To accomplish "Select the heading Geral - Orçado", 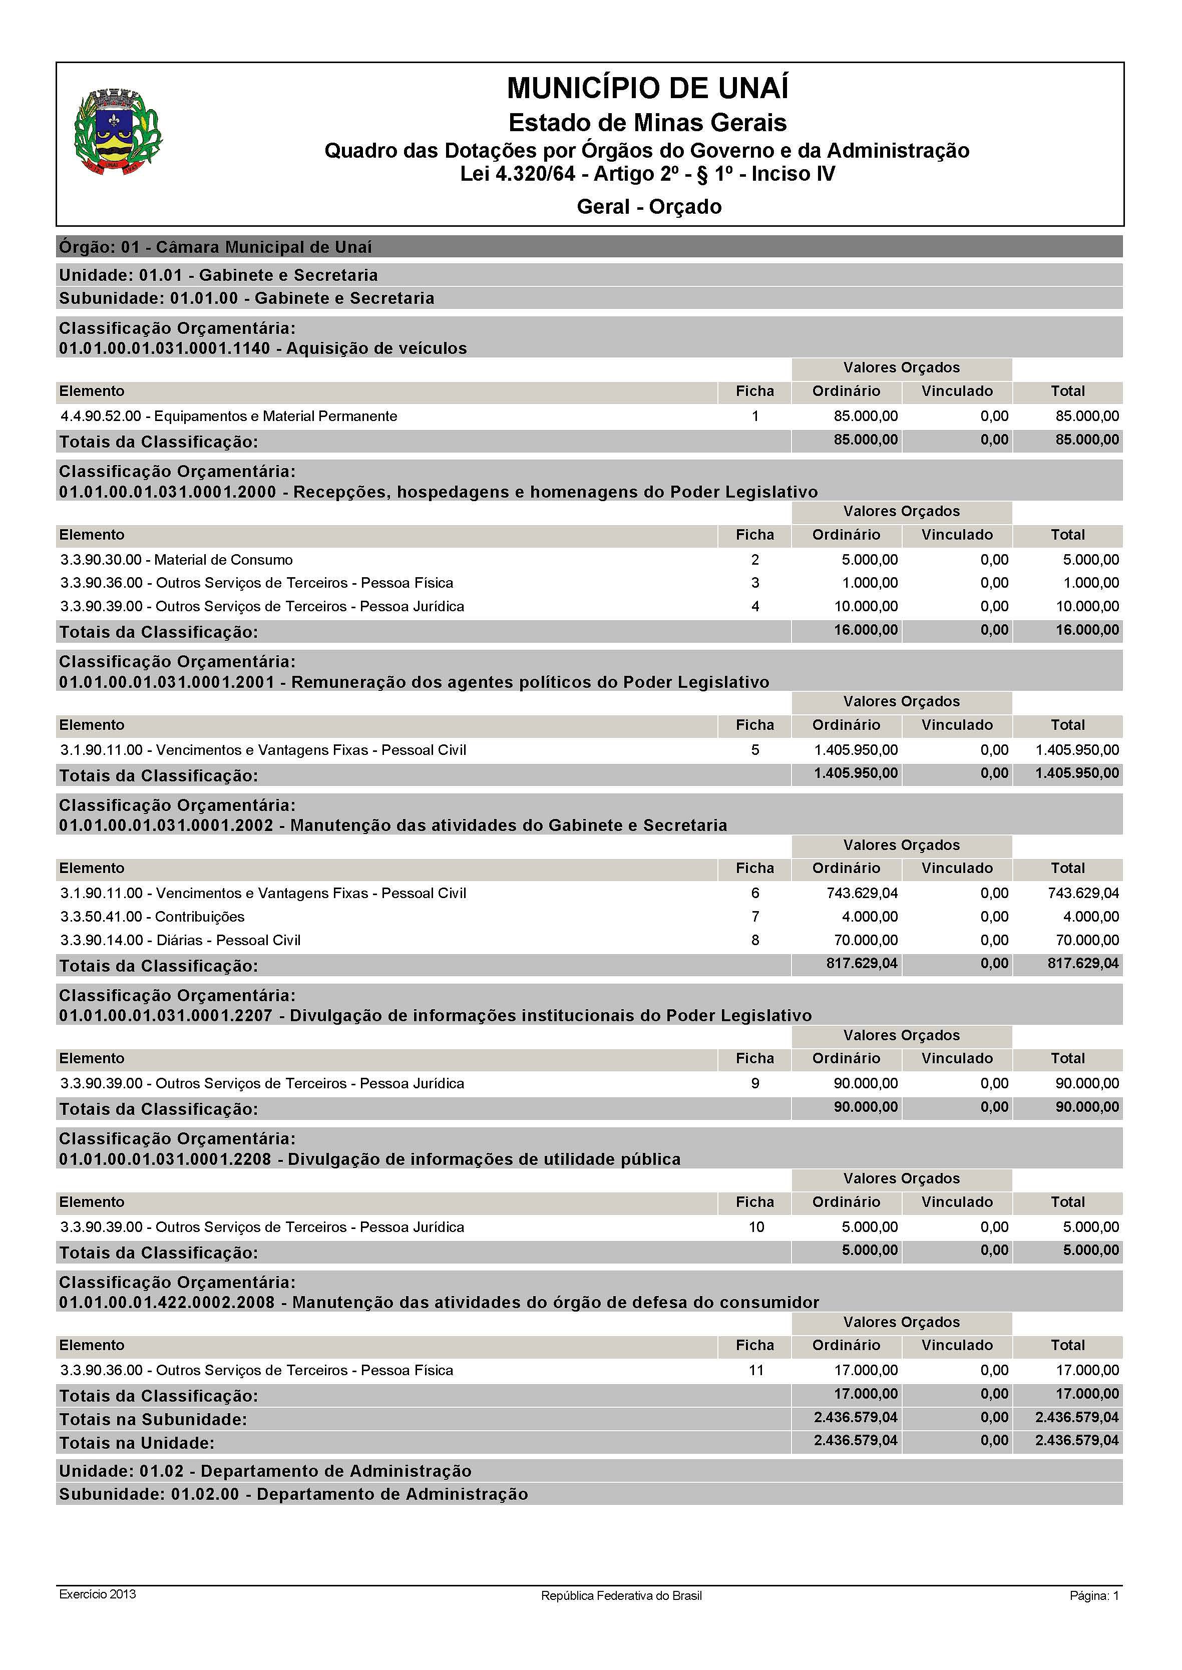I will (x=648, y=207).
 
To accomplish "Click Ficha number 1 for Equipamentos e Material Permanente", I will (x=755, y=416).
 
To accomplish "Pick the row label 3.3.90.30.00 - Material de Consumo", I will (x=176, y=560).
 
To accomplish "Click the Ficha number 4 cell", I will (x=755, y=606).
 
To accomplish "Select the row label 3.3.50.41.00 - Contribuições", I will (x=152, y=917).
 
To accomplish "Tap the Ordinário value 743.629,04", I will (x=862, y=893).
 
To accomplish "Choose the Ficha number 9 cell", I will (x=755, y=1083).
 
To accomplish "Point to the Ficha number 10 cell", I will (x=756, y=1227).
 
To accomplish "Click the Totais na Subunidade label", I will (x=153, y=1420).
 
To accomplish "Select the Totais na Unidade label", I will (x=137, y=1443).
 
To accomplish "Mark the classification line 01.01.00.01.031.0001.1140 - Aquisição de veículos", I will (x=263, y=348).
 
